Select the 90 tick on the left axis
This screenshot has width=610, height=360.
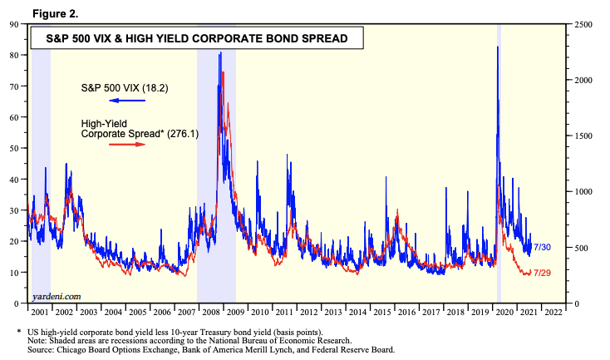click(x=15, y=24)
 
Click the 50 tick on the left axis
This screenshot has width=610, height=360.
click(x=15, y=148)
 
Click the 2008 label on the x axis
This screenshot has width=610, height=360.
click(x=210, y=312)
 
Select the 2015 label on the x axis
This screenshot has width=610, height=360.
click(x=383, y=312)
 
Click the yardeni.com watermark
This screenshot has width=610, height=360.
click(x=57, y=296)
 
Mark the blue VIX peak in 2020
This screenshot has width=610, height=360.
click(x=497, y=47)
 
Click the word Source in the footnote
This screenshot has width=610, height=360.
click(x=42, y=349)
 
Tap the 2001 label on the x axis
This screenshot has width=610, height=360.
click(x=38, y=312)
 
